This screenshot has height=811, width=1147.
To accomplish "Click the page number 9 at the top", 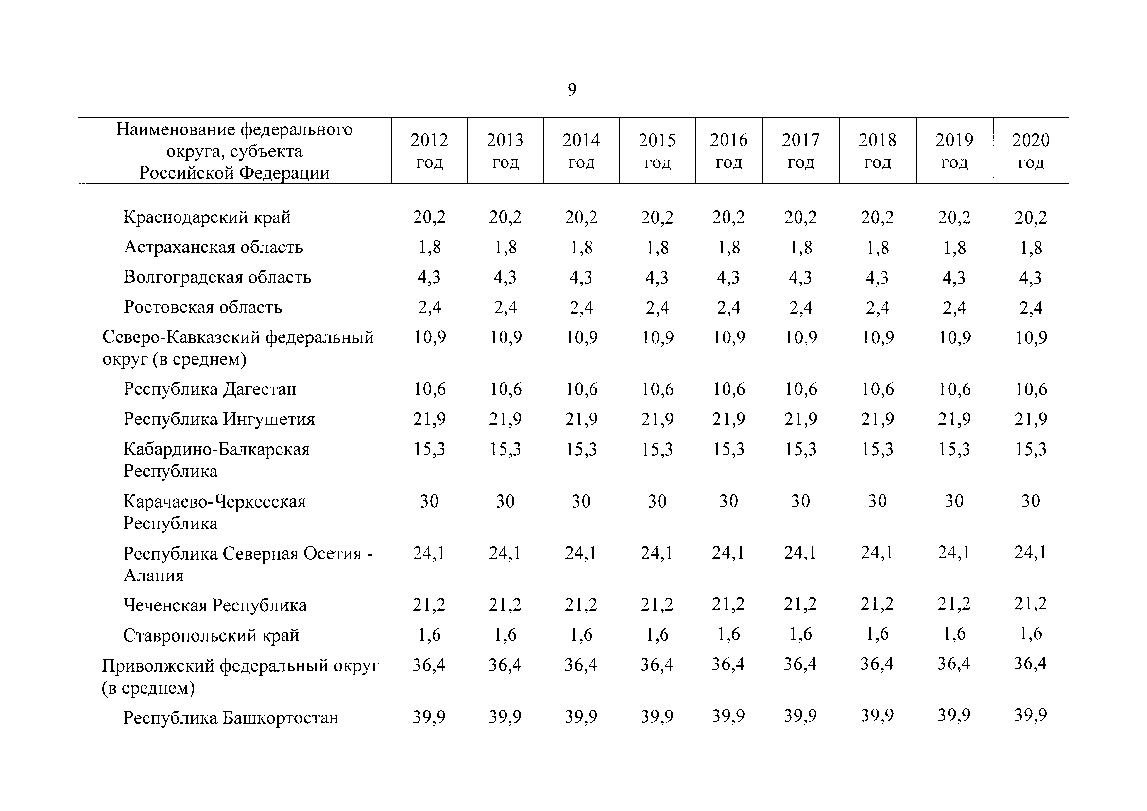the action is (x=573, y=90).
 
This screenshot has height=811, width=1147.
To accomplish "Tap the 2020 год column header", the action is (x=1031, y=151).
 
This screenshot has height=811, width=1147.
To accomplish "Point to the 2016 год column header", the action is (x=729, y=151).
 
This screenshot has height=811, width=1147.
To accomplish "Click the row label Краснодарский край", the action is (x=207, y=217).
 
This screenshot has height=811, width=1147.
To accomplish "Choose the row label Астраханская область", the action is (x=213, y=247).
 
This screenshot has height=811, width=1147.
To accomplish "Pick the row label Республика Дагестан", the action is (x=210, y=389).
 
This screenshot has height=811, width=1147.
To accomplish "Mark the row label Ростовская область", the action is (x=203, y=307).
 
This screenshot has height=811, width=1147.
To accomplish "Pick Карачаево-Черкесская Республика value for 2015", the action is (x=657, y=501).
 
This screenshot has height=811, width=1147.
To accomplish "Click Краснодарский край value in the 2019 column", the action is (x=954, y=218).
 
